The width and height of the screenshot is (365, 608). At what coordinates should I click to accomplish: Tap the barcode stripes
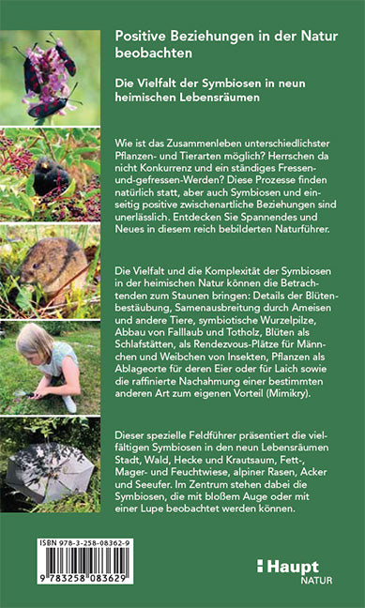(x=62, y=574)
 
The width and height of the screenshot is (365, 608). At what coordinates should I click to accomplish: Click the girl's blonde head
(x=34, y=342)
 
